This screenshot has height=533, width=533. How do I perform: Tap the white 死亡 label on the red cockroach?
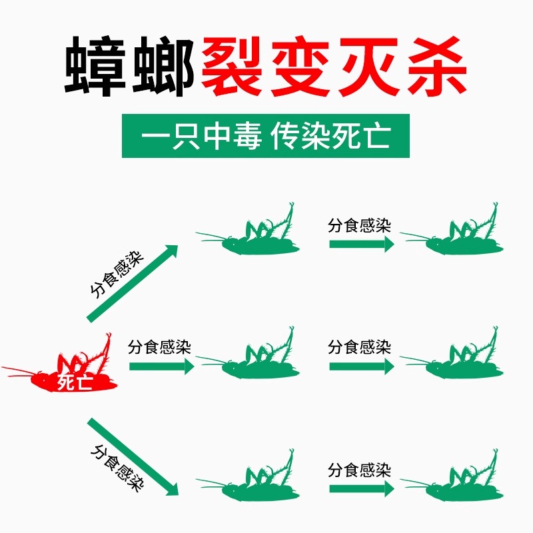click(x=75, y=382)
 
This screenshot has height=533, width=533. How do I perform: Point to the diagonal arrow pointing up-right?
click(x=133, y=282)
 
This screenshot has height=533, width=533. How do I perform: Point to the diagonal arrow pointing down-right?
click(x=133, y=456)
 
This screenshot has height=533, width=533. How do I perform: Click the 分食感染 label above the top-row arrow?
click(x=359, y=225)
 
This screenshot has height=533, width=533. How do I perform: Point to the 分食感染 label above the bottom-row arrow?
click(x=359, y=470)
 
